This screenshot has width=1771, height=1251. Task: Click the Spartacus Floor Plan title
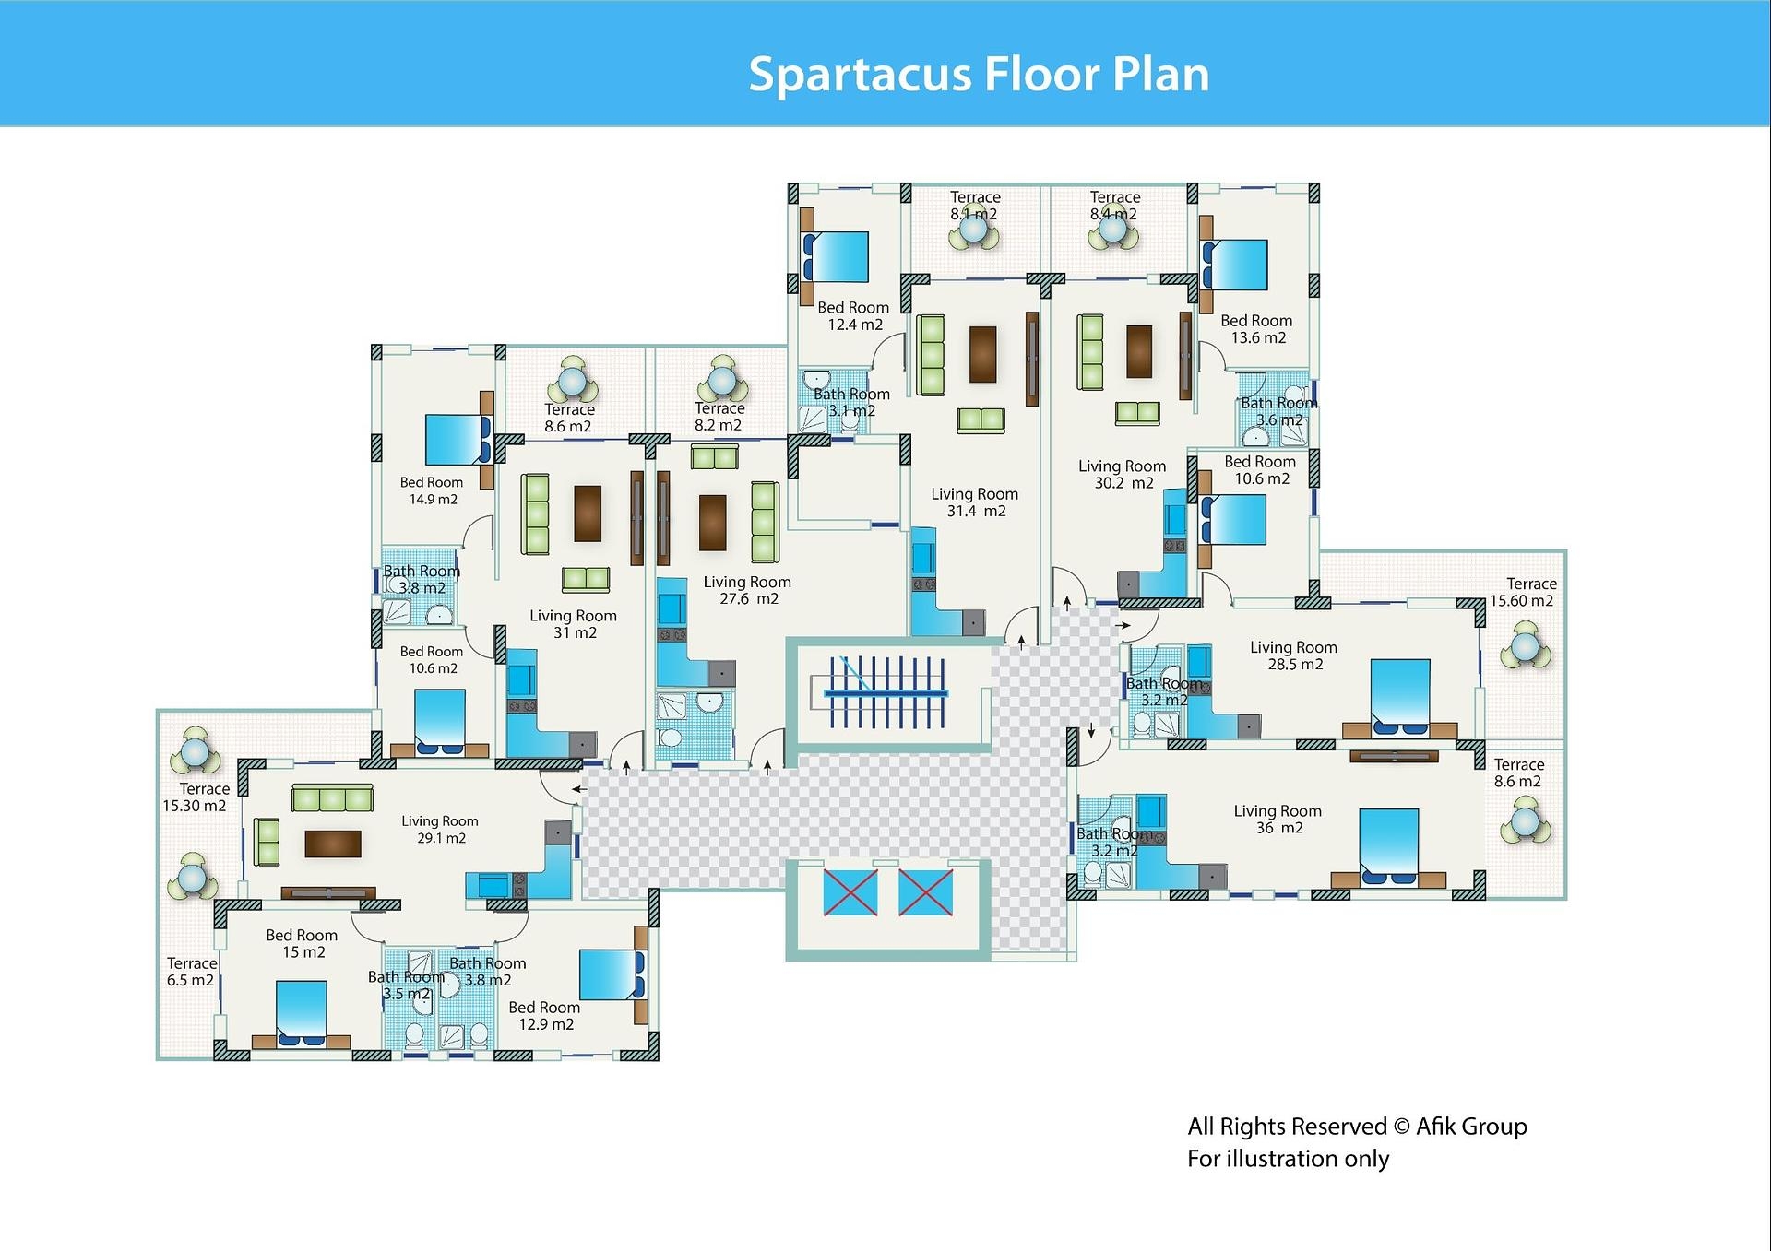pos(978,74)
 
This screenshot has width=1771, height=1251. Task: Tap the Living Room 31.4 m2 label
pos(974,502)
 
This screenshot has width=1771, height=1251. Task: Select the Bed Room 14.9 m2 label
pos(432,490)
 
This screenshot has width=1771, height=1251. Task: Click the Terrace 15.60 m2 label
pos(1523,592)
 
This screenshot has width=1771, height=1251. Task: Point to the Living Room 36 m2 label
pos(1278,819)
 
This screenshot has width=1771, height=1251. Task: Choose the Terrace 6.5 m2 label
pos(191,972)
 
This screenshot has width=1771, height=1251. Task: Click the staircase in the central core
pos(886,692)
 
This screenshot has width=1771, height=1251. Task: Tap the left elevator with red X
pos(850,891)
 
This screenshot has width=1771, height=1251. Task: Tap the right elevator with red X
pos(925,891)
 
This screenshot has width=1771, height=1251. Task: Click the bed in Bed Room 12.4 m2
pos(836,256)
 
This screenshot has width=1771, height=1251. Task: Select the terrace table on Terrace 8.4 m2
pos(1113,230)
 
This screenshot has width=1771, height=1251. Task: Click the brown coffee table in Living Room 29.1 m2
pos(333,844)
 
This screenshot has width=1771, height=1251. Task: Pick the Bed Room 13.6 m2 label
pos(1256,329)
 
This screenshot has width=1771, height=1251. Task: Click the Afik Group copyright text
pos(1357,1127)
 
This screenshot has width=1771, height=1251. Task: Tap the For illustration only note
pos(1288,1159)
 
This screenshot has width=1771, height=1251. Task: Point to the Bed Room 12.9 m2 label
pos(544,1016)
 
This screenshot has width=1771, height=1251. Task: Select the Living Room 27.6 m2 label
pos(747,590)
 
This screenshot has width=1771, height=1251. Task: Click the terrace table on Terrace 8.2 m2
pos(721,380)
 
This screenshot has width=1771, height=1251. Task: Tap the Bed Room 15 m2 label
pos(302,943)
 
